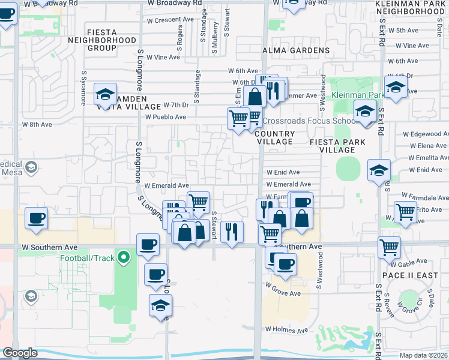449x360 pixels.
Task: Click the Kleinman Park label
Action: point(358,95)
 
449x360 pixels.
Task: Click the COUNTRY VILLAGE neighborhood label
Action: point(274,137)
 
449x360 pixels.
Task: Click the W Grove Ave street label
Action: point(283,293)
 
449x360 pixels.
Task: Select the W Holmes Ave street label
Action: point(287,329)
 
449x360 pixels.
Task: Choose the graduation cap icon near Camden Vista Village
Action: point(106,94)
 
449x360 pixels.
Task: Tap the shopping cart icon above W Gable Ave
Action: point(390,246)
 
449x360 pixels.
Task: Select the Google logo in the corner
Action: point(20,353)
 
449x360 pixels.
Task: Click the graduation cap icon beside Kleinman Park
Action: point(396,88)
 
